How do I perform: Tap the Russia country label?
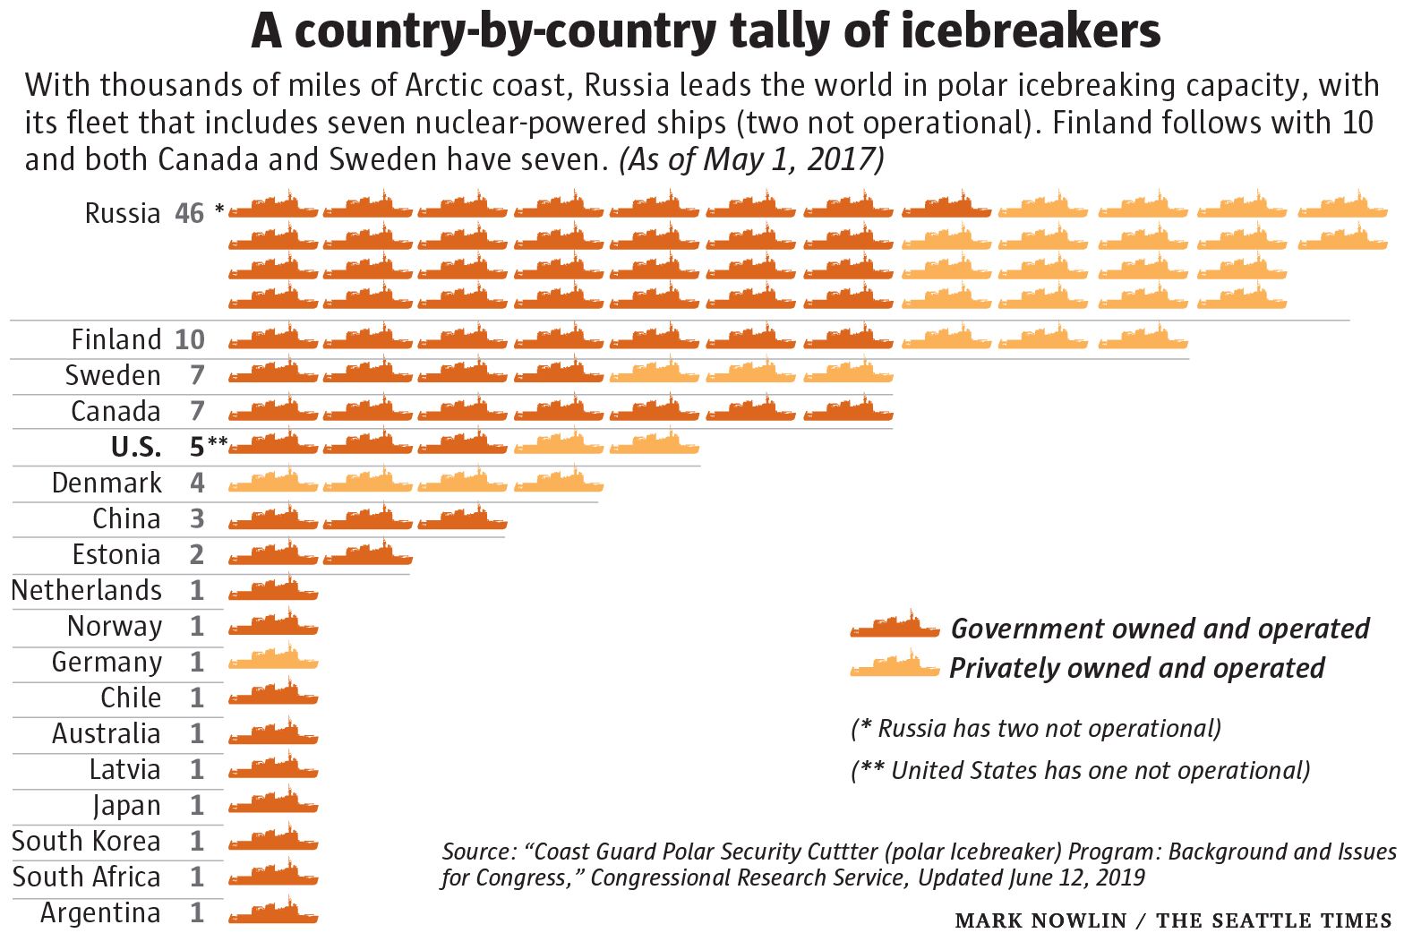tap(123, 213)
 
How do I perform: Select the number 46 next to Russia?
tap(190, 213)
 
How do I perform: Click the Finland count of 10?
tap(190, 339)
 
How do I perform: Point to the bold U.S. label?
tap(136, 447)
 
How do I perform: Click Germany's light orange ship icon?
tap(273, 661)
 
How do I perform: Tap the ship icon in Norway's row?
tap(273, 625)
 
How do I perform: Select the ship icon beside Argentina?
tap(273, 912)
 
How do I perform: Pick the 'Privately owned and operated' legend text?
tap(1136, 668)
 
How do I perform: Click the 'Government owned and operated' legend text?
tap(1160, 629)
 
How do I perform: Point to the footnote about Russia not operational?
tap(1035, 728)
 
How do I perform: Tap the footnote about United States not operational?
tap(1080, 770)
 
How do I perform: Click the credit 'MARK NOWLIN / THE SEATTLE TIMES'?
tap(1173, 920)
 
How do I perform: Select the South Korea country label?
tap(86, 841)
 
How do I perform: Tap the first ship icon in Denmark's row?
tap(273, 483)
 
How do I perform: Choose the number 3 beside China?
tap(197, 518)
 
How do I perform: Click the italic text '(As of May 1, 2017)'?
tap(751, 159)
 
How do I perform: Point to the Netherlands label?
tap(86, 590)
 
